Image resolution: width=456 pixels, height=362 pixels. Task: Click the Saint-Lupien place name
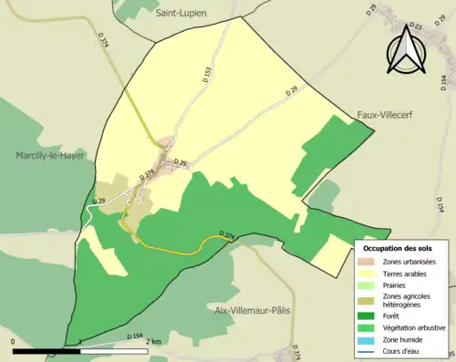[x=181, y=14]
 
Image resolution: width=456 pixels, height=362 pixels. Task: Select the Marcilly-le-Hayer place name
[x=49, y=156]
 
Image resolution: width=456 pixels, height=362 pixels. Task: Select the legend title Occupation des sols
[x=398, y=248]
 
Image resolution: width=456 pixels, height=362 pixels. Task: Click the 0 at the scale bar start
[x=14, y=342]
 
